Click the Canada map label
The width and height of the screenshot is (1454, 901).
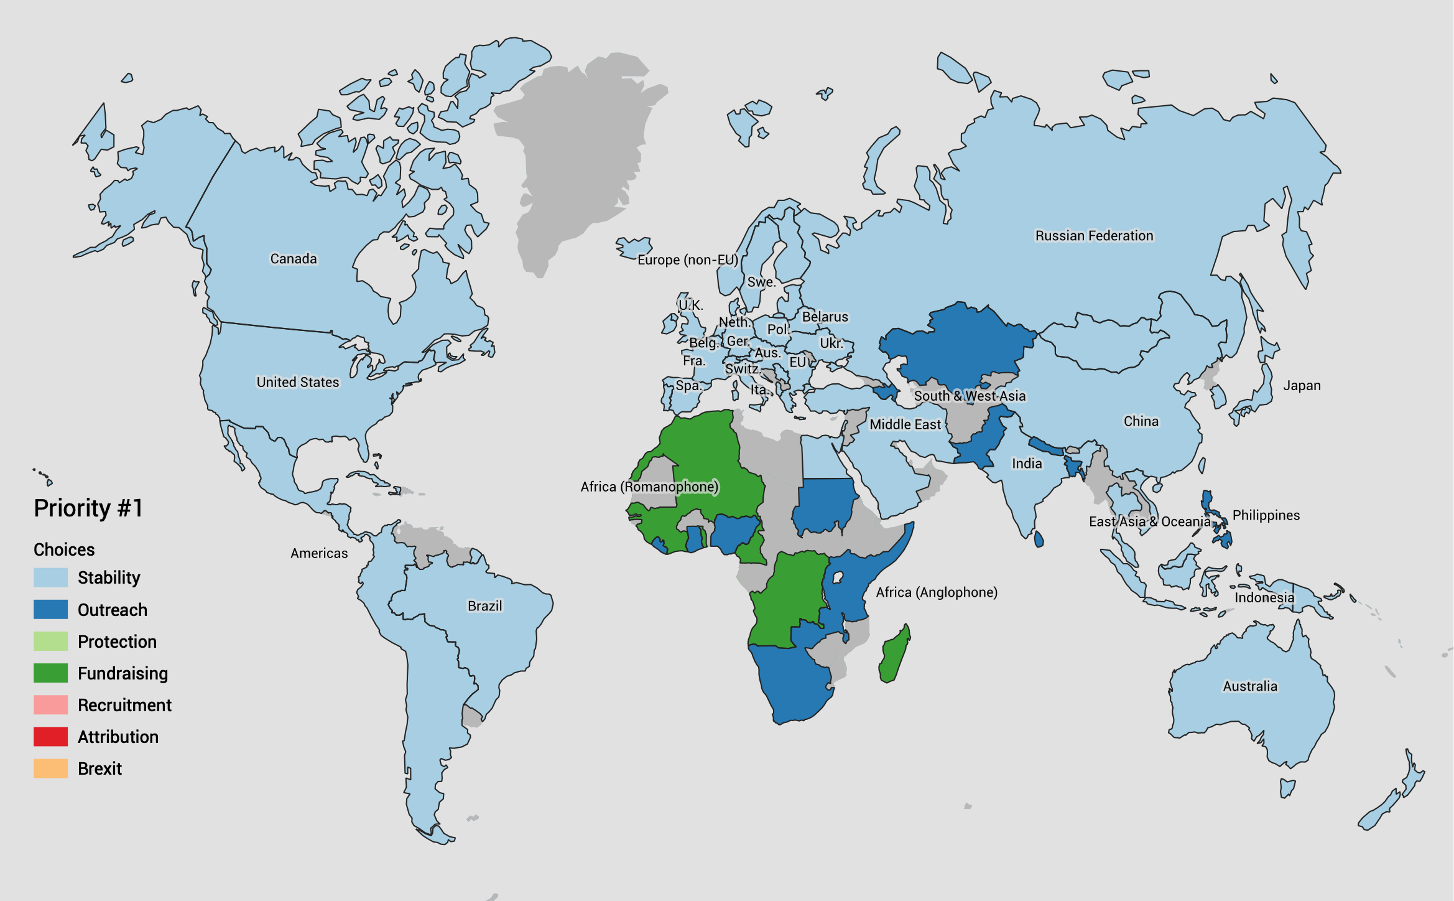(293, 258)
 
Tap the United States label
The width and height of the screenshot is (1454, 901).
(298, 382)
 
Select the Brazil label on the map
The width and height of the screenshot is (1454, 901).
(484, 606)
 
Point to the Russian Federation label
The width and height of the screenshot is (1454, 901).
(1094, 236)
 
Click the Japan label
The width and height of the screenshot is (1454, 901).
(1302, 386)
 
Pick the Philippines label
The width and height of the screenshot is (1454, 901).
(1266, 515)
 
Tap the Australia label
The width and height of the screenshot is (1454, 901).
(1250, 686)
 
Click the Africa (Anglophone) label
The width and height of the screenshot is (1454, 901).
(937, 592)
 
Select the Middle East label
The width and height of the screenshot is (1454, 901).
(905, 424)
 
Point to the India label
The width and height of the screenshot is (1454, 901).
(1027, 464)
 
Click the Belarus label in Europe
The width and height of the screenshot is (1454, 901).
(825, 317)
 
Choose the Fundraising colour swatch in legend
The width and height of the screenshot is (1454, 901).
(50, 673)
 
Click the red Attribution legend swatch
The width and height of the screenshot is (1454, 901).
(50, 737)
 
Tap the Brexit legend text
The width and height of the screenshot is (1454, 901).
(100, 769)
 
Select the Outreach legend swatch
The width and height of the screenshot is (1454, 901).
(50, 610)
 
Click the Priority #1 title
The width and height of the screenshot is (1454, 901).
(88, 508)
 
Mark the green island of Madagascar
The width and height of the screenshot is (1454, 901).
(894, 656)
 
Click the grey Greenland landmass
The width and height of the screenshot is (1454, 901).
(578, 156)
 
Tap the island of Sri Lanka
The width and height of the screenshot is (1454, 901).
(1039, 539)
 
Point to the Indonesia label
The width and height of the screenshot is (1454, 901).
(1264, 598)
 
